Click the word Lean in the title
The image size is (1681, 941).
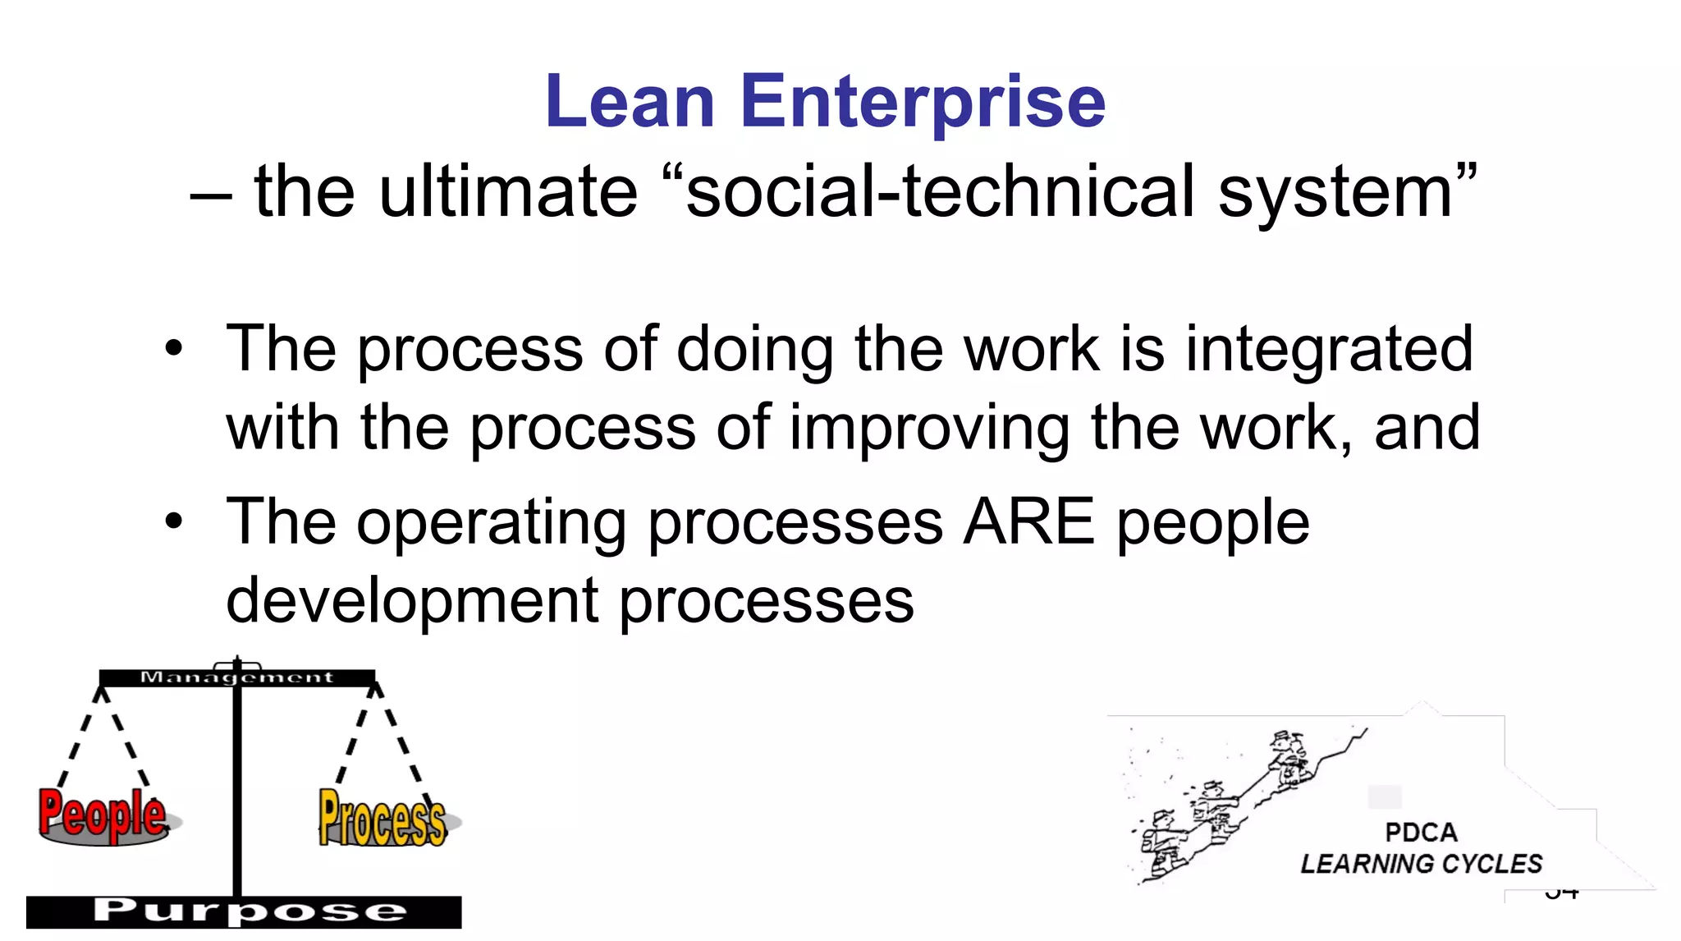pos(630,102)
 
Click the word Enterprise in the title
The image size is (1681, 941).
pos(923,102)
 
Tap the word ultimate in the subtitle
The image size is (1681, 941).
pos(507,191)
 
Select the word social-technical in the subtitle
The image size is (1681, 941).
pos(939,191)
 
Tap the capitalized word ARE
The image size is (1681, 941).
pos(1029,522)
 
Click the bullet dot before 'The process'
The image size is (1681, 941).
pos(173,348)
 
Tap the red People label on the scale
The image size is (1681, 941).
pos(103,815)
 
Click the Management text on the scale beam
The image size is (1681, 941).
pos(236,677)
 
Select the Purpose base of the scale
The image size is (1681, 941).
pos(244,911)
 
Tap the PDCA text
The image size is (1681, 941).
pos(1421,833)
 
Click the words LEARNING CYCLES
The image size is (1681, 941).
pos(1421,864)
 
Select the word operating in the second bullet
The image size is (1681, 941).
pos(491,522)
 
